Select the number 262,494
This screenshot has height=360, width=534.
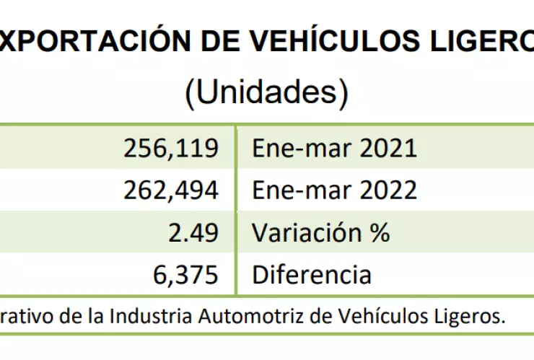coord(170,190)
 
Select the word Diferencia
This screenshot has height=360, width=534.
coord(312,274)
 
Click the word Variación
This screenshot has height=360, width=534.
coord(307,232)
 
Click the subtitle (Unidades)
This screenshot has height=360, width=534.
coord(266,93)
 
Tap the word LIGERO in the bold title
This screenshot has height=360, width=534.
coord(484,44)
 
